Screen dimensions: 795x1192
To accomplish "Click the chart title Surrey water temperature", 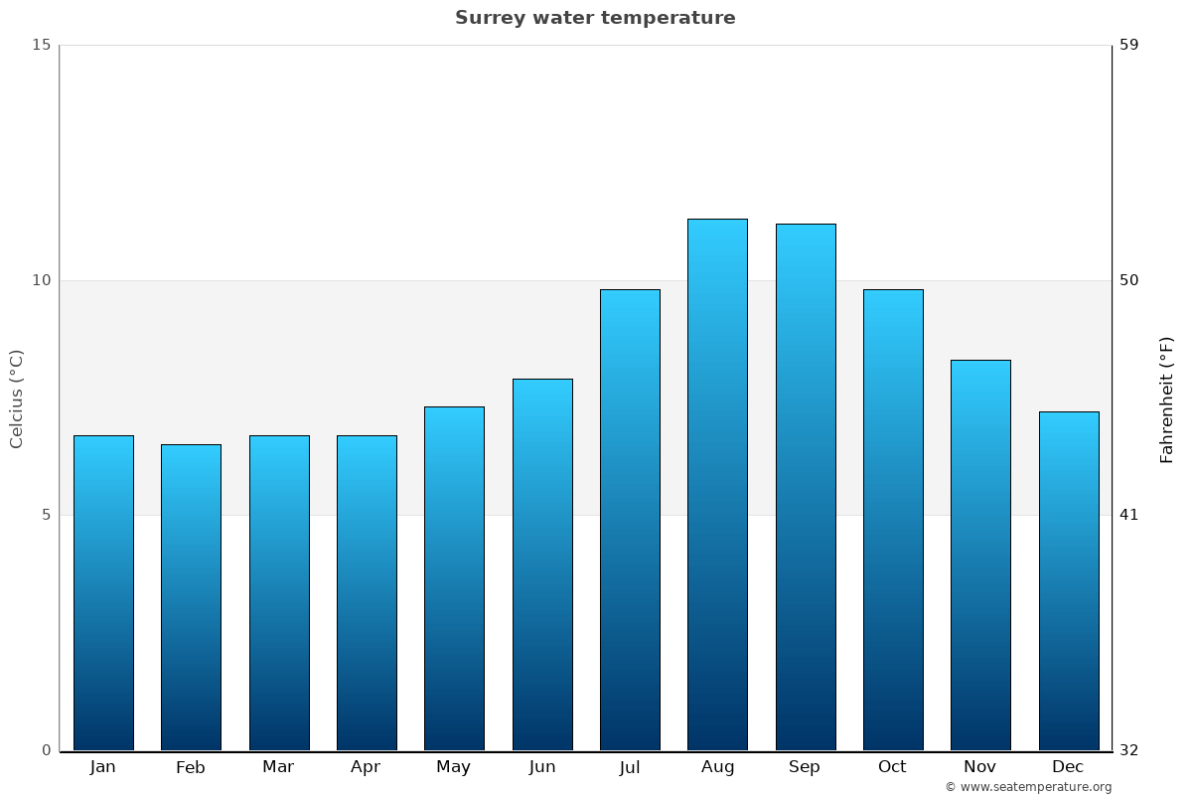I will [x=595, y=18].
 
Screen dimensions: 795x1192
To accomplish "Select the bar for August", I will [x=717, y=485].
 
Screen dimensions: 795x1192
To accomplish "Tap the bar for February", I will [x=191, y=597].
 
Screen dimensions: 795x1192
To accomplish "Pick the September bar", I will [x=806, y=487].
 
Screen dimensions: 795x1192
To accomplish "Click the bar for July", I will [x=630, y=520].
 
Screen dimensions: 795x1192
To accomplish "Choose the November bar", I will [x=980, y=556].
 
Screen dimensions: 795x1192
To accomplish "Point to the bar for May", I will [x=454, y=578].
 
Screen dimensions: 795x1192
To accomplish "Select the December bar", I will [x=1069, y=581].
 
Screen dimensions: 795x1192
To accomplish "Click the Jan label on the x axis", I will [x=103, y=767].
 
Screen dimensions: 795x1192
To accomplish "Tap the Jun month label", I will [x=542, y=767].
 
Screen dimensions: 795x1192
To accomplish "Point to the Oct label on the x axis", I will [x=892, y=767].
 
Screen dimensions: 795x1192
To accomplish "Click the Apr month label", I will [x=366, y=767].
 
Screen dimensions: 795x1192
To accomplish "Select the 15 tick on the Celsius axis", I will [x=41, y=45].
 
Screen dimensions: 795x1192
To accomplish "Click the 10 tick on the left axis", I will [x=41, y=280].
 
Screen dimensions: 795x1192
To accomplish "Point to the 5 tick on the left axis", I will [x=45, y=515].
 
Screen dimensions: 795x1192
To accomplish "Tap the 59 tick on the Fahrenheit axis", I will [x=1129, y=45].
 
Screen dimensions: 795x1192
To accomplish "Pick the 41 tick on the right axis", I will [x=1129, y=515].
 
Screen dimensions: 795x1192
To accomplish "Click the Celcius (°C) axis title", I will [x=16, y=398].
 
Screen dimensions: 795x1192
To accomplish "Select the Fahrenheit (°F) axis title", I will [x=1167, y=398].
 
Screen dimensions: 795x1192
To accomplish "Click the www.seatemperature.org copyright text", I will [x=1028, y=787].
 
